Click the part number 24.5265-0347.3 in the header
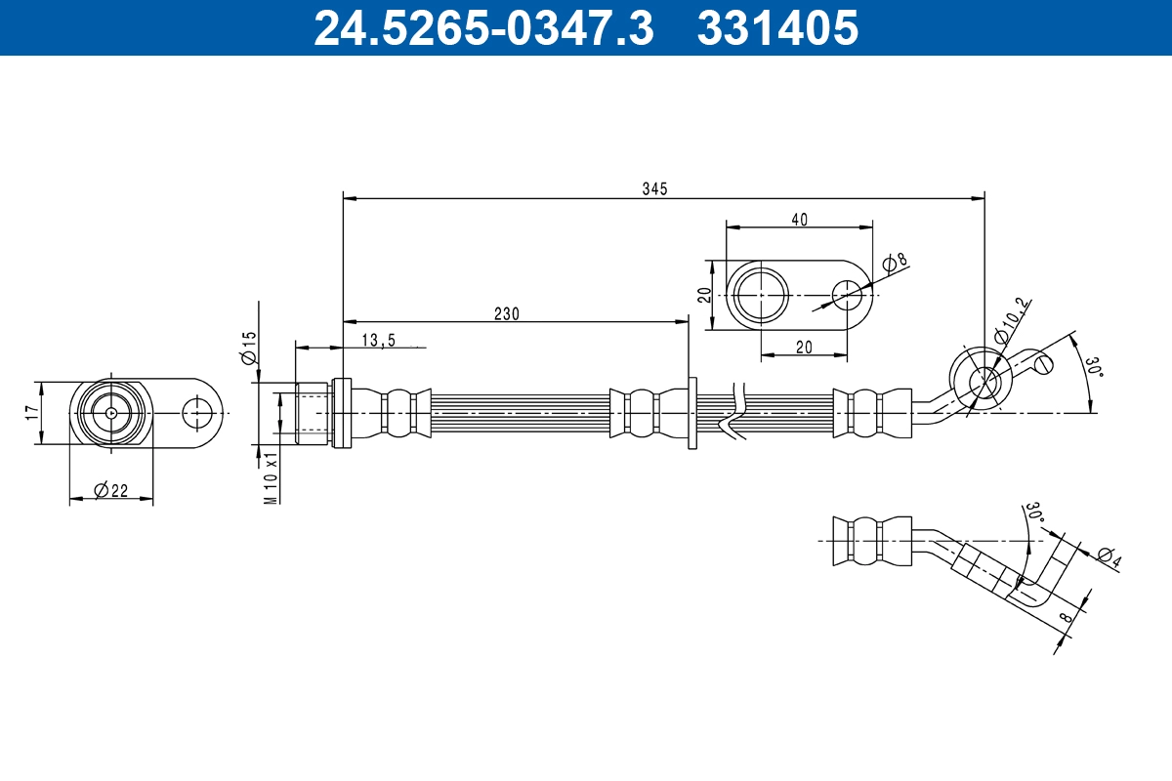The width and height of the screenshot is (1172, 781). (483, 28)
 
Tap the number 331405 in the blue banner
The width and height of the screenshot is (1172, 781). (777, 28)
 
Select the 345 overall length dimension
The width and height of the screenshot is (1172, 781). (655, 188)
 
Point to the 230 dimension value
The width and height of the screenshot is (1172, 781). (507, 314)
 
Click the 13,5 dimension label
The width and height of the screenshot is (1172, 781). (379, 341)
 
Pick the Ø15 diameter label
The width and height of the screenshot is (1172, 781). (249, 348)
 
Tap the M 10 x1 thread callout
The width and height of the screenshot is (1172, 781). (271, 478)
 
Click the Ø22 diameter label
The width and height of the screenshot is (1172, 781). (111, 491)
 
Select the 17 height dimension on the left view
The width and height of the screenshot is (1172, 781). (33, 412)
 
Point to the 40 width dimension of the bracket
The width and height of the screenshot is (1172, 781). (799, 220)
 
